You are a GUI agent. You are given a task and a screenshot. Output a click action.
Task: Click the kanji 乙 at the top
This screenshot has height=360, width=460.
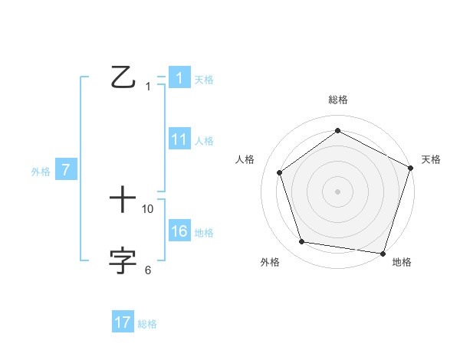point(123,77)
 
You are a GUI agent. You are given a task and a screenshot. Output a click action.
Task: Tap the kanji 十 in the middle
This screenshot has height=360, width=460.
point(123,201)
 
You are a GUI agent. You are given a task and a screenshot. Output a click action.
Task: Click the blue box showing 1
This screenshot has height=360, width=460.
point(179,78)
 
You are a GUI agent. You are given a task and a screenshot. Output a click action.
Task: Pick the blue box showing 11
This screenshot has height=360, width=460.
point(179,139)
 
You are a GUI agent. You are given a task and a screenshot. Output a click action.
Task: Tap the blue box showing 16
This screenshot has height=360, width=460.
point(179,231)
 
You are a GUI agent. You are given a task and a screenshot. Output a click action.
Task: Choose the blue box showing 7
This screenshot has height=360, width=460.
point(66,171)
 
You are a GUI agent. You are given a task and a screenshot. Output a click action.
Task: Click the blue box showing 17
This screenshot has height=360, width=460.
point(123,322)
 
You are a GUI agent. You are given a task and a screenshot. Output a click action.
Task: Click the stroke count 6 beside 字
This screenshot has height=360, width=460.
point(148,270)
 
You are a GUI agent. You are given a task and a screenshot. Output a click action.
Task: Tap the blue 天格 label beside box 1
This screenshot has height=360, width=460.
point(204,80)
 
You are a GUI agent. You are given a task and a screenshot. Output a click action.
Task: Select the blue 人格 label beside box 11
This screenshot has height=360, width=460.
point(204,141)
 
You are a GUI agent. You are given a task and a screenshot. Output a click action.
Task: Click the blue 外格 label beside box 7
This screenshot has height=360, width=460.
point(41,172)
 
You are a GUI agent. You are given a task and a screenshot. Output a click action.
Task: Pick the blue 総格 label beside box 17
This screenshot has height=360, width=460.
point(147,324)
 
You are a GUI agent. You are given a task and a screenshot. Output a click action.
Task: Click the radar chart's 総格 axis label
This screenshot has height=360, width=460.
point(337,100)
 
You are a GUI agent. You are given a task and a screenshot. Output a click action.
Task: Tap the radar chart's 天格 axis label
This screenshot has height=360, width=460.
point(432,159)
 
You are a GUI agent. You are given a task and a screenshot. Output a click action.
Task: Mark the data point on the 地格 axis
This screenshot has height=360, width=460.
point(383,253)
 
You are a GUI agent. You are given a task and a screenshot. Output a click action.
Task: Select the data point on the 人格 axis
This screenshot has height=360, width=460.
point(279,172)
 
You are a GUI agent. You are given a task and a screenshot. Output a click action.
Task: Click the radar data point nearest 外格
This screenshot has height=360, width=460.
point(302,242)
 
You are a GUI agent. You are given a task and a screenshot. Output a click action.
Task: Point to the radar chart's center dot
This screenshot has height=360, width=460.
point(337,191)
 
